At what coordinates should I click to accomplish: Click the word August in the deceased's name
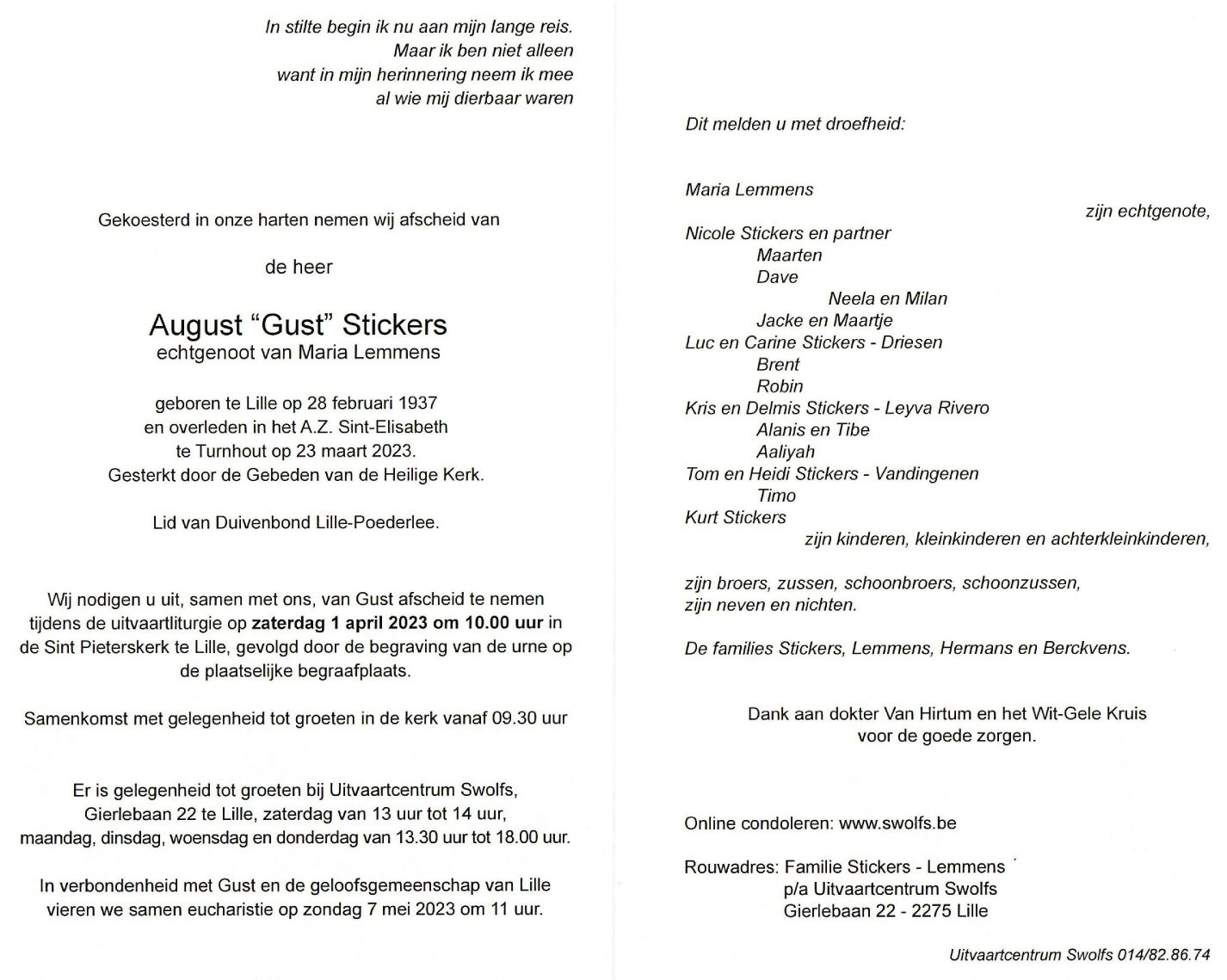click(x=196, y=325)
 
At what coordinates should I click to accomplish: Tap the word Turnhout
click(x=233, y=451)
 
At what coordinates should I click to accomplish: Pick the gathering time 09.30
click(x=515, y=718)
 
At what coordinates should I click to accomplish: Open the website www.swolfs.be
click(x=897, y=823)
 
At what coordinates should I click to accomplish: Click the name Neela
click(x=850, y=299)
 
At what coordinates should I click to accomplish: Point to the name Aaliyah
click(x=785, y=452)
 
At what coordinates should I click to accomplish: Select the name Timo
click(x=776, y=496)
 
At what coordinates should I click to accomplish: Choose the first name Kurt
click(x=701, y=517)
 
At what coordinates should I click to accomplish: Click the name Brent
click(x=778, y=364)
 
